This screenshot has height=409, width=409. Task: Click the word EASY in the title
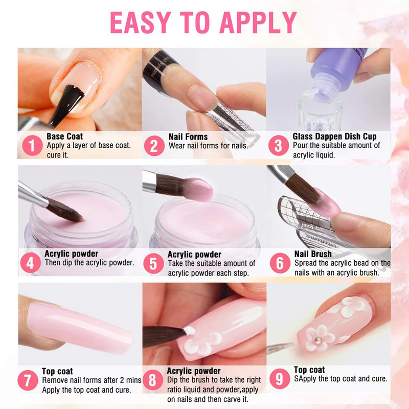(140, 22)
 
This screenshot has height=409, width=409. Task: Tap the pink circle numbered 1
(32, 145)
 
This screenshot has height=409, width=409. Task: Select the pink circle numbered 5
(153, 263)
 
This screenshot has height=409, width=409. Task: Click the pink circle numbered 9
(280, 379)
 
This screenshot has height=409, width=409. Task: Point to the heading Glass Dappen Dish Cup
(334, 137)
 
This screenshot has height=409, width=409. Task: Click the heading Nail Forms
(188, 137)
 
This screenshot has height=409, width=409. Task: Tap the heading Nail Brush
(313, 254)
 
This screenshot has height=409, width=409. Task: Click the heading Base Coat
(65, 136)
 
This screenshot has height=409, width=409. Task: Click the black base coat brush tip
(66, 105)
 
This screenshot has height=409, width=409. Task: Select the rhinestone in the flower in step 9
(318, 340)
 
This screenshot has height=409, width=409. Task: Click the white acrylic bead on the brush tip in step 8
(190, 331)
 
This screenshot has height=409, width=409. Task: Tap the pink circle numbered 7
(28, 380)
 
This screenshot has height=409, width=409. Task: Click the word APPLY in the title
(258, 22)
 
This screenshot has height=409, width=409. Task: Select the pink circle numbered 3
(279, 145)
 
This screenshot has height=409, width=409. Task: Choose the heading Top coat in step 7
(57, 371)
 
